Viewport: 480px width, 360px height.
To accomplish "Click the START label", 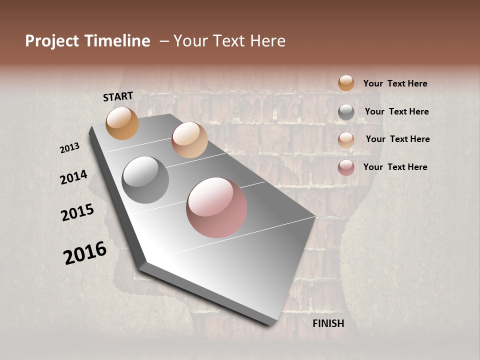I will point(118,96).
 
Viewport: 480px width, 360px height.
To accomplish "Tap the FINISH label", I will point(328,323).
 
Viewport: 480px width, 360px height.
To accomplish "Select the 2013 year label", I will point(70,148).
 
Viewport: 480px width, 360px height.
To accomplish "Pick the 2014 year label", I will point(74,177).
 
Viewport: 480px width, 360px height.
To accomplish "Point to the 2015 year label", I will point(77,212).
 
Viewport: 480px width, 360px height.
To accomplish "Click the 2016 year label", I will point(85,252).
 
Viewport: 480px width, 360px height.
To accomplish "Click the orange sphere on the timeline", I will point(122,123).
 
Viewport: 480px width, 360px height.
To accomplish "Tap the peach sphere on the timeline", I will point(189,140).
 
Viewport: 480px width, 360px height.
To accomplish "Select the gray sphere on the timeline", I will point(145,180).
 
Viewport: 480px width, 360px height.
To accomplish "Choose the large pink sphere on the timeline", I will point(216,207).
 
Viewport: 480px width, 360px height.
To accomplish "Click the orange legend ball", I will point(346,83).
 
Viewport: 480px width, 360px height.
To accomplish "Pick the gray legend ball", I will point(346,112).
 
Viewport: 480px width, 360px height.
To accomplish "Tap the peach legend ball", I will point(346,140).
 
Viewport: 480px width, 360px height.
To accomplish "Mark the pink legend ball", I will point(346,167).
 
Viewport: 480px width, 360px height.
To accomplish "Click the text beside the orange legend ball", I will point(395,83).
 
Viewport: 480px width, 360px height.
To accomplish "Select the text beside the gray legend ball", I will point(396,111).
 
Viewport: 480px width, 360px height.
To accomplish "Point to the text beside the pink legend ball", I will point(395,167).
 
